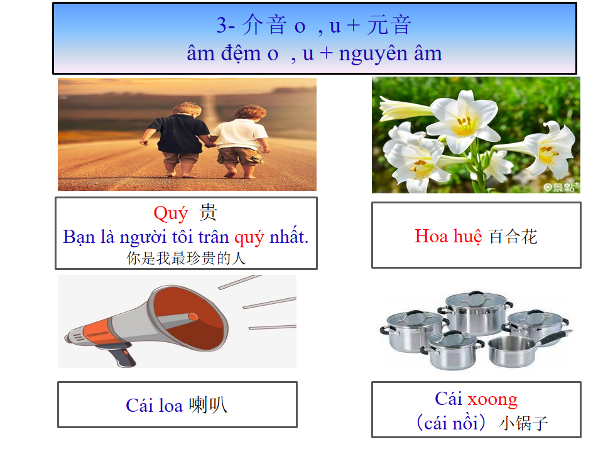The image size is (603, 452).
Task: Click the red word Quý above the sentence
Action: pos(170,213)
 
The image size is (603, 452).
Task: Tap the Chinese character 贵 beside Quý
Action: pos(208,212)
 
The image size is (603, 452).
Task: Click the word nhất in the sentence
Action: pos(288,236)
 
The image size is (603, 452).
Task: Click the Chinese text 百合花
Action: pos(513,237)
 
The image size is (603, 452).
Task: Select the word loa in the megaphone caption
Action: pos(171,406)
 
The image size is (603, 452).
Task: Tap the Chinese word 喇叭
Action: pos(208,405)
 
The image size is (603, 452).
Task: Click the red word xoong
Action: pos(492,400)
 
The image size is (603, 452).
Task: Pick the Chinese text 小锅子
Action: pos(523,423)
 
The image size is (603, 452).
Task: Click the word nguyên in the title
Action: pos(373,54)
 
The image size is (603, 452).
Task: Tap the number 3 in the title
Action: pos(221,25)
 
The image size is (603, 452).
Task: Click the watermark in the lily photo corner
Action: pos(561,187)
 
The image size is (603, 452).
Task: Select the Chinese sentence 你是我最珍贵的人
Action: pos(186,258)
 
